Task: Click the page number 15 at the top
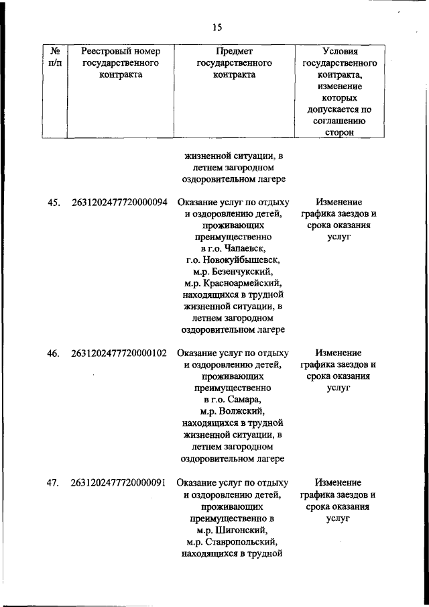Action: pos(217,27)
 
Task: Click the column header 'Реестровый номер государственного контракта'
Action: pos(120,62)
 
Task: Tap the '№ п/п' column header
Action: pos(54,56)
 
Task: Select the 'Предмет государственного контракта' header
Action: pos(234,62)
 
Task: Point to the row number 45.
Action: pos(54,202)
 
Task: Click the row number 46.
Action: pos(54,353)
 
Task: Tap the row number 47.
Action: pos(54,482)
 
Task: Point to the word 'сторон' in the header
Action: pos(340,134)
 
